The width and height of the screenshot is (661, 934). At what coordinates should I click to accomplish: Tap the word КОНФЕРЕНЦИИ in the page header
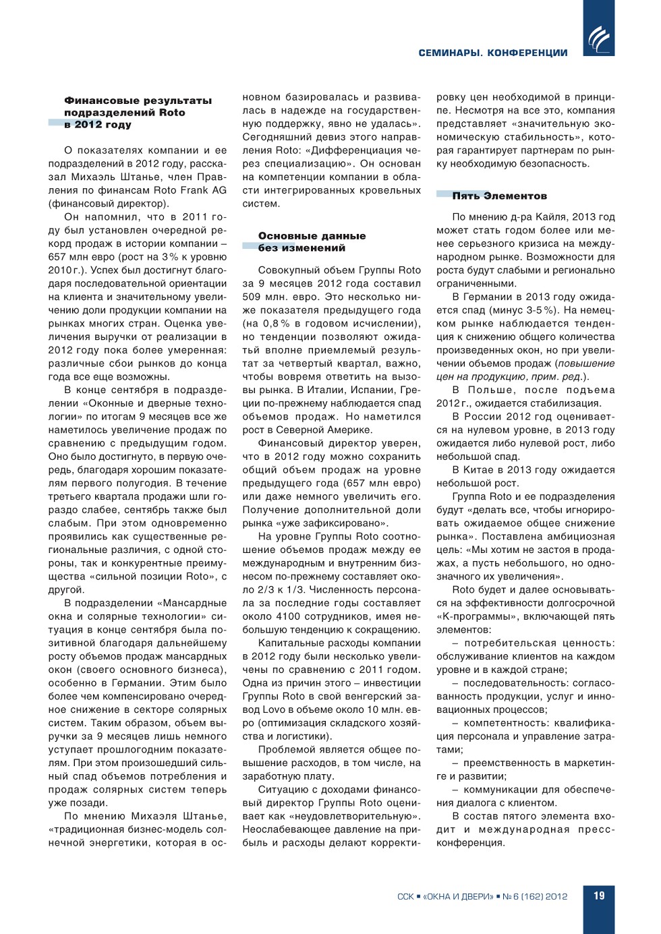(x=527, y=53)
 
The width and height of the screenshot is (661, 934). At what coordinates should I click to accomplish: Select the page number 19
(x=599, y=896)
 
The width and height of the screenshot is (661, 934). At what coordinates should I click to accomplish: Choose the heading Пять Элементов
(x=499, y=196)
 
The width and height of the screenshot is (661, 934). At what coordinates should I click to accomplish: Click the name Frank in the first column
(x=196, y=190)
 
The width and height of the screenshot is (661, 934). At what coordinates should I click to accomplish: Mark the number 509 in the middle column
(x=252, y=297)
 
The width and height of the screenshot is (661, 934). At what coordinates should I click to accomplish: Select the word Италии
(x=334, y=390)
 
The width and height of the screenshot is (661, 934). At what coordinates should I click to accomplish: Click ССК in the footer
(x=405, y=896)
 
